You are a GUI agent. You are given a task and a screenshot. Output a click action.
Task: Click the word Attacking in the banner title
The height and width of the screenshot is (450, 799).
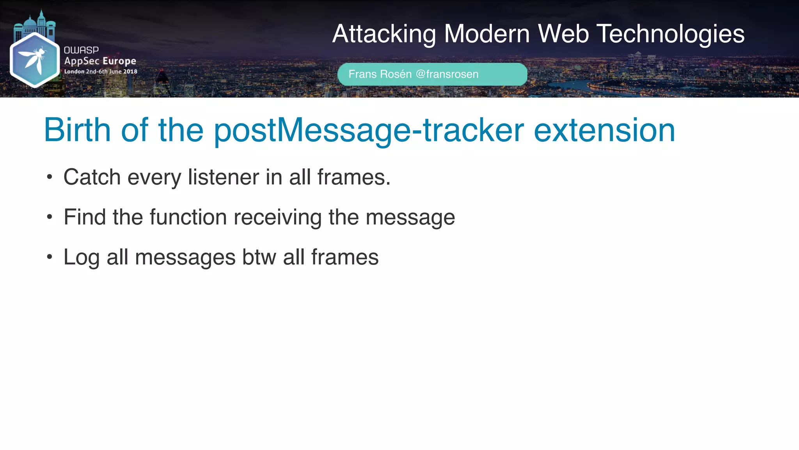point(384,34)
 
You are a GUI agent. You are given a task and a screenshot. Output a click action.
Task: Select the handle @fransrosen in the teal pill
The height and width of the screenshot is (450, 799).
point(447,74)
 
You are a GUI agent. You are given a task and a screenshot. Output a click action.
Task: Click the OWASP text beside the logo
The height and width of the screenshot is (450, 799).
point(81,50)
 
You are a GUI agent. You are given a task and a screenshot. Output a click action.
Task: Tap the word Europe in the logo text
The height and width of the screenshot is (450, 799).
point(119,61)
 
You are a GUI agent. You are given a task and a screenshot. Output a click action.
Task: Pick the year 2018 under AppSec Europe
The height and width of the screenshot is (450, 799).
point(130,71)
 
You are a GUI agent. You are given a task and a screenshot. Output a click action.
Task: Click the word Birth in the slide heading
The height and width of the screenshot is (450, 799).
point(77,130)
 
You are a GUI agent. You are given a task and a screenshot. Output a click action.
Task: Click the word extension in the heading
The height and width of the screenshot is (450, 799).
point(604,130)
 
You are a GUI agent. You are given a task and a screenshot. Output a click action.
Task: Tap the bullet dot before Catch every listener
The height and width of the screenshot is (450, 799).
point(49,177)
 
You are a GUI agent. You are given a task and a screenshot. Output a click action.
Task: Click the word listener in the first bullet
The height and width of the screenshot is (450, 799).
point(224,177)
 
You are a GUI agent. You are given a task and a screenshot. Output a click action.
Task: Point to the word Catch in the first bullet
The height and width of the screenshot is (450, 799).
point(92,177)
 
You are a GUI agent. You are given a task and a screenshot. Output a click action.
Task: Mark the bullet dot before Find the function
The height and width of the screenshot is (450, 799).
point(49,217)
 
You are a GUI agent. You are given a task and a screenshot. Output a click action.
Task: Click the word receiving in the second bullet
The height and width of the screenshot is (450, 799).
point(277,218)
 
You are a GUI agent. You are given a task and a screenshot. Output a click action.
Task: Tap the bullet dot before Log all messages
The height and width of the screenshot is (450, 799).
point(49,257)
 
